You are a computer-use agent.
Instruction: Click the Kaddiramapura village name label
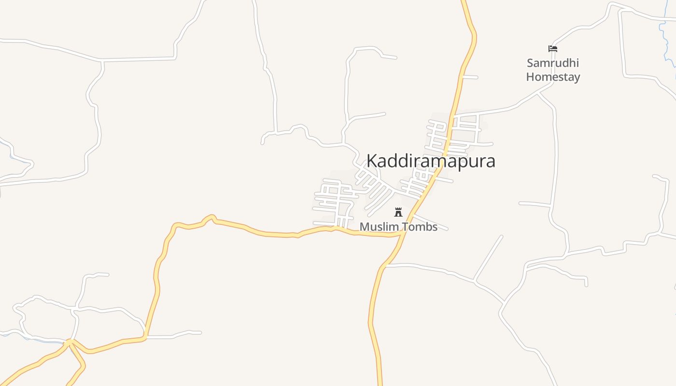[x=431, y=161]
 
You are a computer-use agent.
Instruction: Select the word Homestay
[x=553, y=77]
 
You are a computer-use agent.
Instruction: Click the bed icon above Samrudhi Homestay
[x=553, y=49]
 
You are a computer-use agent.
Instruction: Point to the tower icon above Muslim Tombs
[x=398, y=212]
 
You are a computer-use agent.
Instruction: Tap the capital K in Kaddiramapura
[x=372, y=161]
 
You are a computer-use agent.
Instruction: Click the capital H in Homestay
[x=530, y=77]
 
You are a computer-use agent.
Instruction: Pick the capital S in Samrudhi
[x=530, y=63]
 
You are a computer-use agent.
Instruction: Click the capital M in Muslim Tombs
[x=364, y=227]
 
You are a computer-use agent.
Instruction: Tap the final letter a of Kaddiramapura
[x=491, y=162]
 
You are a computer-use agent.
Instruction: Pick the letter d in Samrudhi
[x=560, y=63]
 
